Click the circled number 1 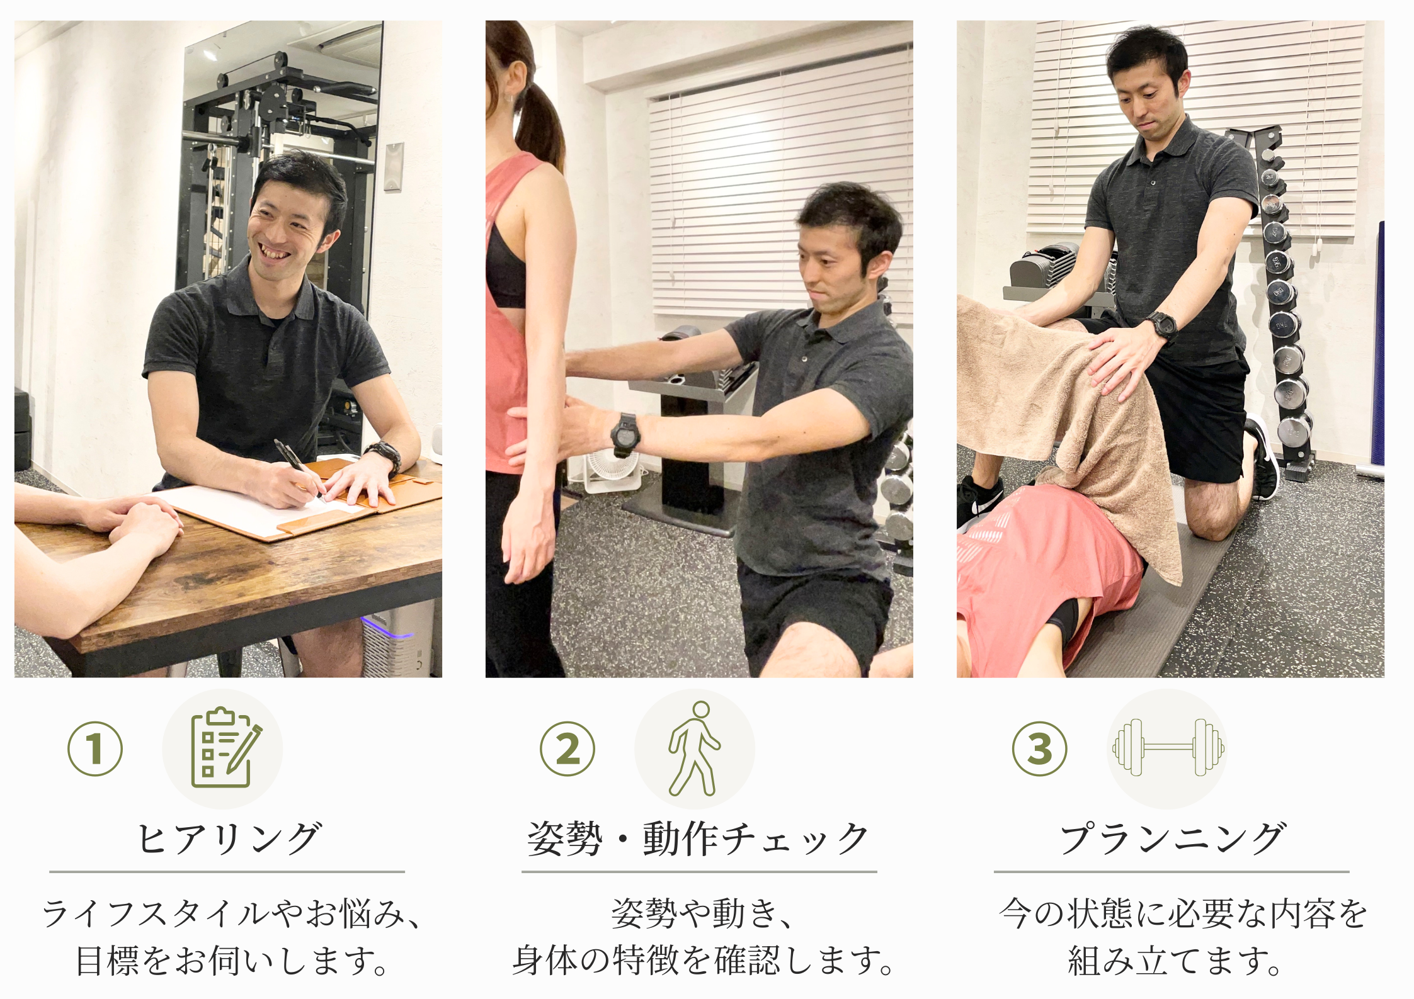click(95, 748)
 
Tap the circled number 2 click(567, 748)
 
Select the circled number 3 click(1040, 748)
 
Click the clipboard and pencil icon click(225, 748)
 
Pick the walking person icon click(694, 748)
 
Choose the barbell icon click(1168, 747)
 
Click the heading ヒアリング click(229, 838)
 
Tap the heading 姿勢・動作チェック click(698, 838)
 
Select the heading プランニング click(1172, 838)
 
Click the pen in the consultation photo click(299, 468)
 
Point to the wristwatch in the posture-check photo click(625, 434)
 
